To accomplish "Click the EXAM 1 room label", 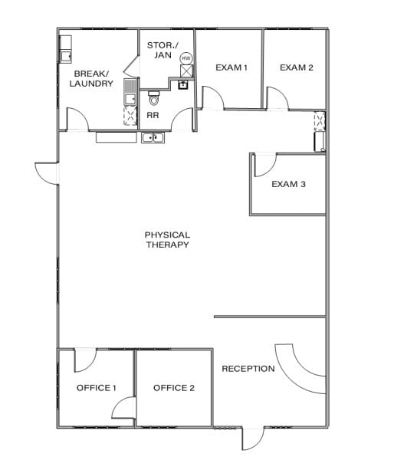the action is [x=231, y=67].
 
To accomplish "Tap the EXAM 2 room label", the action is [x=297, y=67].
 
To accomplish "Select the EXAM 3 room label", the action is [x=288, y=184].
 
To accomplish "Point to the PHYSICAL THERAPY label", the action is [x=167, y=240].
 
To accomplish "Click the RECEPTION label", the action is [x=248, y=369].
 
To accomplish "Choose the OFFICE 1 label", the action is [x=97, y=388].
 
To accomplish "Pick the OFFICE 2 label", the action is [x=174, y=388].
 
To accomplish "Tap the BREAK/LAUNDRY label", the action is [x=91, y=78].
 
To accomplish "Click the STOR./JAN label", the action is [x=163, y=50].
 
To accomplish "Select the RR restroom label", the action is [x=153, y=116].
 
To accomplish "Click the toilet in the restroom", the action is [x=154, y=98].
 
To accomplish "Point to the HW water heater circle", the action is [x=186, y=58].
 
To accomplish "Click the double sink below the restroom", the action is [x=153, y=137].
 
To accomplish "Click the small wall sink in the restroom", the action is [x=182, y=84].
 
